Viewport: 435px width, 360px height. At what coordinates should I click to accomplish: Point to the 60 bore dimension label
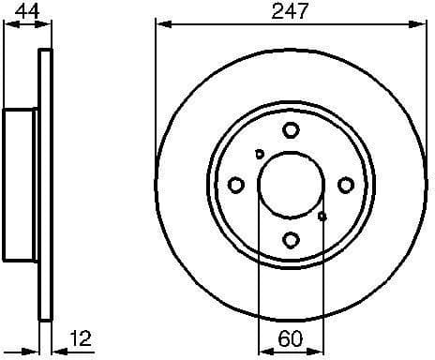(291, 335)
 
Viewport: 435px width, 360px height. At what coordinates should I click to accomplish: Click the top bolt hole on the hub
(291, 130)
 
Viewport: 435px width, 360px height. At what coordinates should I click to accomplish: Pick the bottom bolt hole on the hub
(291, 240)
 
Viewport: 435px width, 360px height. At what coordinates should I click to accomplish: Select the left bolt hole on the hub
(236, 185)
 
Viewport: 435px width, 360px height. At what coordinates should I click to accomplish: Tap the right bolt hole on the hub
(346, 185)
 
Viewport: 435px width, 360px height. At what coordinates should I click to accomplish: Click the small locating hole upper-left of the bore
(260, 155)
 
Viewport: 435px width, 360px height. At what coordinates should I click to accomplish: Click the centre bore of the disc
(291, 185)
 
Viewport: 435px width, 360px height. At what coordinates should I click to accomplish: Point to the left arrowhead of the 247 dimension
(160, 24)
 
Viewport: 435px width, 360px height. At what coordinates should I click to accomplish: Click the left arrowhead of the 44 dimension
(6, 24)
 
